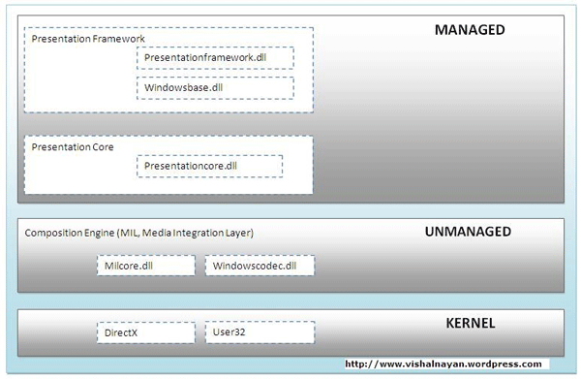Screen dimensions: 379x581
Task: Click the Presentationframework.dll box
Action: (x=214, y=58)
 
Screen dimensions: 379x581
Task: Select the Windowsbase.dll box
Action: (x=214, y=88)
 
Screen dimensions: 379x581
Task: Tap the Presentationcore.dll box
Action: (x=209, y=166)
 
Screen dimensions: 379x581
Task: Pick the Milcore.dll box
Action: (x=146, y=265)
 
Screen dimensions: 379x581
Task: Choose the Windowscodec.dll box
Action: (x=260, y=265)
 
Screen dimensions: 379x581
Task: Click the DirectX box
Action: (x=146, y=332)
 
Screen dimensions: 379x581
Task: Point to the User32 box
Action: (x=260, y=332)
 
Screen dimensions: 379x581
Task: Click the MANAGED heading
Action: (x=470, y=30)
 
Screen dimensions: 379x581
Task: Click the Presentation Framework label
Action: (x=88, y=39)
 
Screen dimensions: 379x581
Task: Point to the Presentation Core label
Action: (x=73, y=147)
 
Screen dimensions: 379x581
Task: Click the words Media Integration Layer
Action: (x=201, y=233)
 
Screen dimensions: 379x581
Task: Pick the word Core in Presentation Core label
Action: (x=102, y=147)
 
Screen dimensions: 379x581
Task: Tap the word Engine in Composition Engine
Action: (x=99, y=233)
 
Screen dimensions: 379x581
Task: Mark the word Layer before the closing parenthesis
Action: (x=238, y=233)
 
